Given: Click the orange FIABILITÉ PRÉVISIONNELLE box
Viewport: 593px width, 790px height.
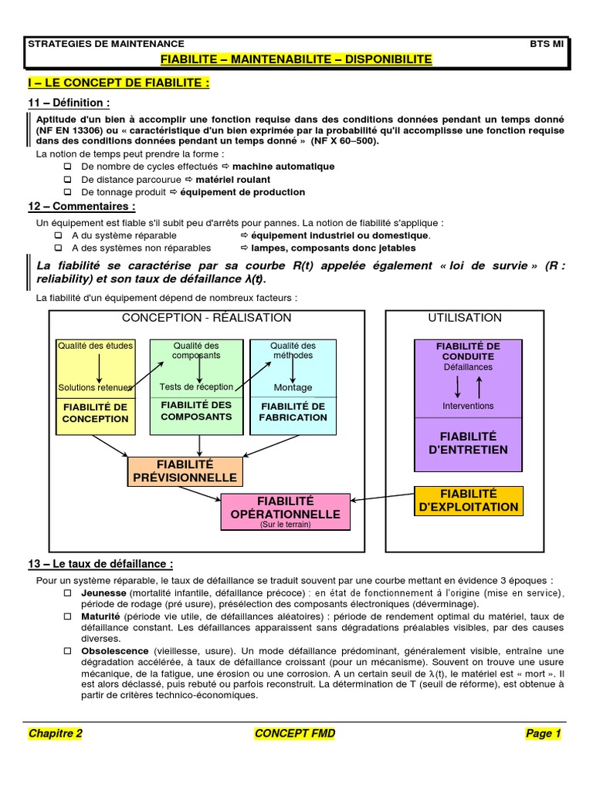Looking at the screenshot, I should point(184,471).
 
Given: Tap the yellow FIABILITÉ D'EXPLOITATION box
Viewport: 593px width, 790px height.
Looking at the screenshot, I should point(469,500).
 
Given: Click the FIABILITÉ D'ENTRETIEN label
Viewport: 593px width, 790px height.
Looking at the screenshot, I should point(469,443).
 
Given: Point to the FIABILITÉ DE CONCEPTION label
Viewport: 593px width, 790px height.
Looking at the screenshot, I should point(96,413).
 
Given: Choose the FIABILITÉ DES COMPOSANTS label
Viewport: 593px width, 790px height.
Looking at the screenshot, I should point(196,410).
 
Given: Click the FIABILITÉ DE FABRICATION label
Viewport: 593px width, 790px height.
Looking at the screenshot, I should point(293,412).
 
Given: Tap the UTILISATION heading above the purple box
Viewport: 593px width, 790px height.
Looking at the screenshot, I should point(465,318).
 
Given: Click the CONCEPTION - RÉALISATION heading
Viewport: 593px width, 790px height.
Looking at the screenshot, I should point(206,318).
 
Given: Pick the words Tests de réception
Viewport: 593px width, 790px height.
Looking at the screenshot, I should point(196,387).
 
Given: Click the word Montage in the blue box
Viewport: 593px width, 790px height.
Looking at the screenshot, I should point(293,387).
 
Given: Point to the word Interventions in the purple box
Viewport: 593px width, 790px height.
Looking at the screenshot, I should point(468,406).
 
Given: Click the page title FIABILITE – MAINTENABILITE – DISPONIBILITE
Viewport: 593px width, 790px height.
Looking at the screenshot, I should point(296,59).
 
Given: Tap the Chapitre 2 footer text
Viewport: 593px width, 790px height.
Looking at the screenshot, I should point(55,734).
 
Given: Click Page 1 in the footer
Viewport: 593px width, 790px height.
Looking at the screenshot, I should point(544,734).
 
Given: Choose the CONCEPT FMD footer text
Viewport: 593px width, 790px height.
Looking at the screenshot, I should point(295,734).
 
